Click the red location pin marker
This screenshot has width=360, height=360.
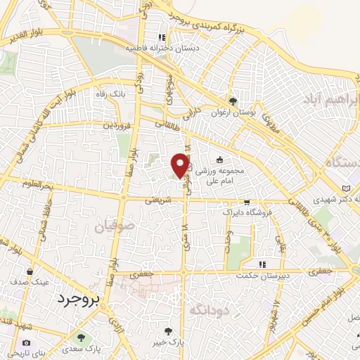[181, 165]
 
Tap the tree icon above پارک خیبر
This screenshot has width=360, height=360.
[167, 331]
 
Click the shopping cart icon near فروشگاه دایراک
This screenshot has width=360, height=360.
[245, 200]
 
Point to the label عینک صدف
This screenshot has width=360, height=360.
[28, 281]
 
